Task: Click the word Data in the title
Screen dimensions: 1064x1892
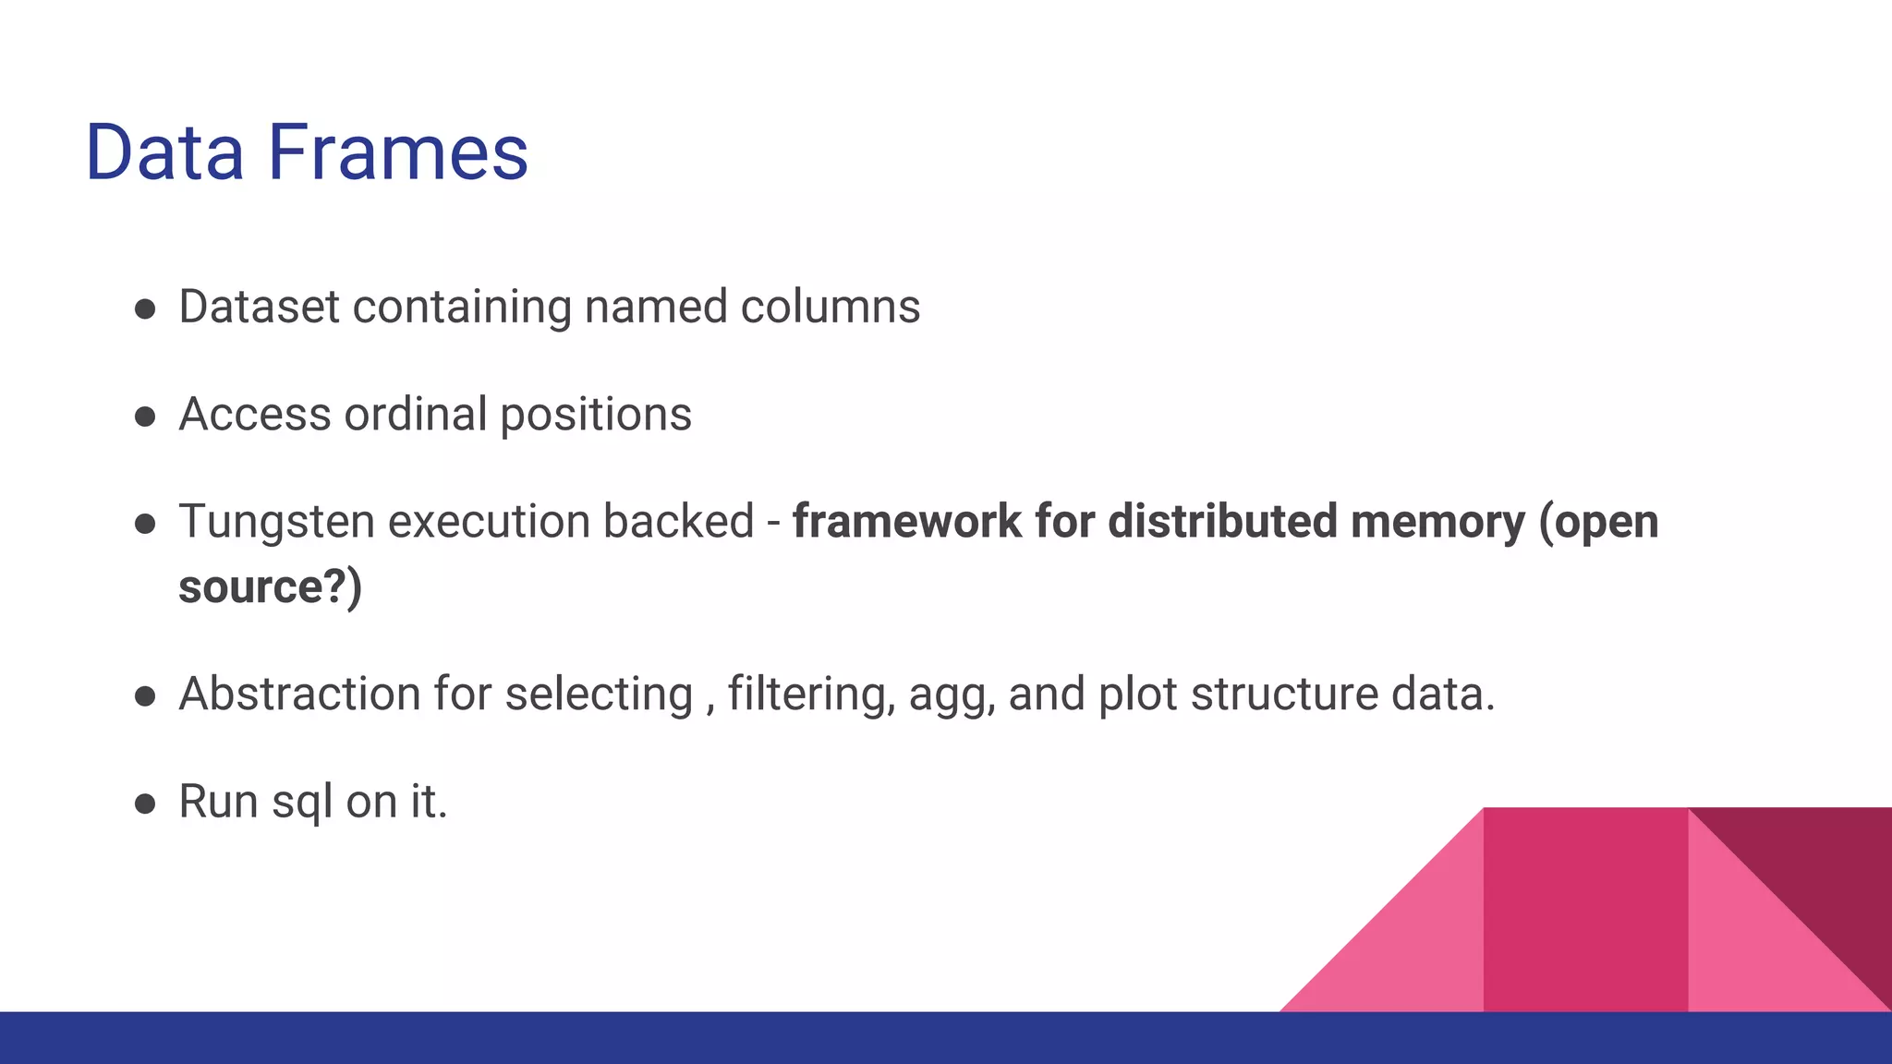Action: [x=164, y=152]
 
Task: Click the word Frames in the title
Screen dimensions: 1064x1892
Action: [x=398, y=152]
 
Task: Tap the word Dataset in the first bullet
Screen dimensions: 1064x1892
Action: [x=259, y=307]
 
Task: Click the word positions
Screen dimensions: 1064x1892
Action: [x=596, y=416]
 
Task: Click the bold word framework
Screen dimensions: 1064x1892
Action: [x=906, y=521]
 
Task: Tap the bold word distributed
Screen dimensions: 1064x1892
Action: [x=1223, y=521]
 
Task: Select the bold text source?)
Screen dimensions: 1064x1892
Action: [x=270, y=587]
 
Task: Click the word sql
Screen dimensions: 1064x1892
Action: [x=301, y=803]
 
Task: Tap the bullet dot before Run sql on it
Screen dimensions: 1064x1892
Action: [x=145, y=803]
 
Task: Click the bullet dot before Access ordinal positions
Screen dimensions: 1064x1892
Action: [x=145, y=417]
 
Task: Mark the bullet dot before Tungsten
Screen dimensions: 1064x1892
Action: [x=145, y=525]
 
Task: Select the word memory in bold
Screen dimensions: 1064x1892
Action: [x=1437, y=523]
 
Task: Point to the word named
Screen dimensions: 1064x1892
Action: [x=656, y=307]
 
